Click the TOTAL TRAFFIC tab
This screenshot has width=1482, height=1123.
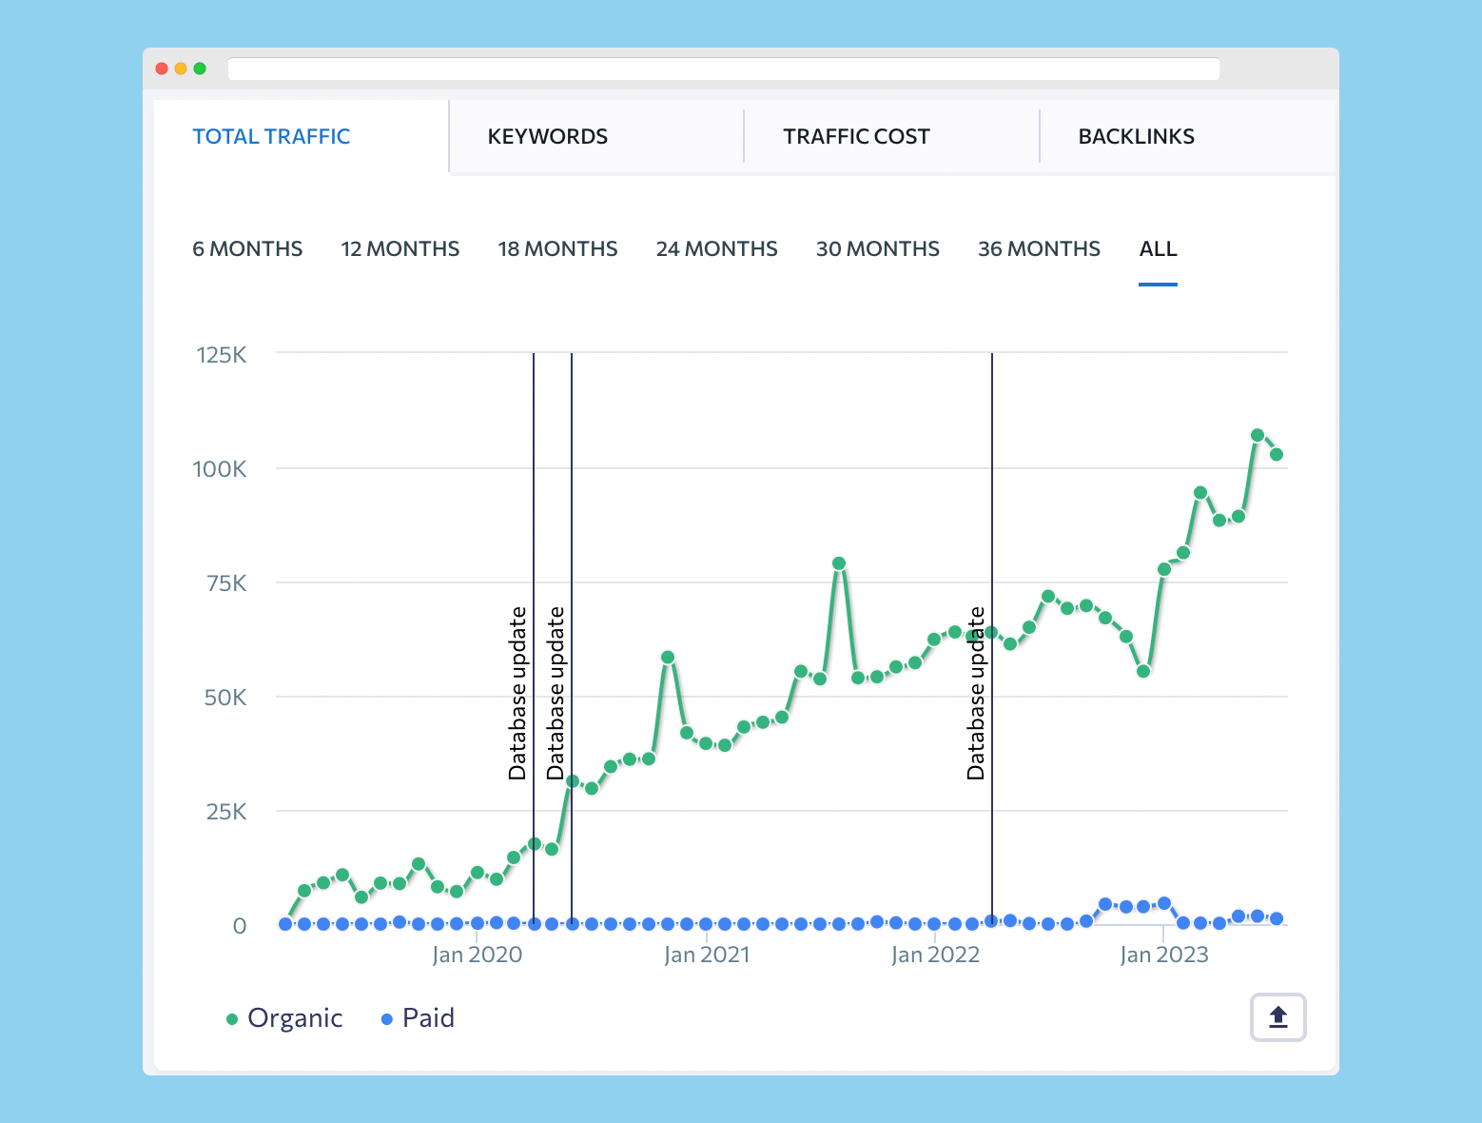click(271, 137)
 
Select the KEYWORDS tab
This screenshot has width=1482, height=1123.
click(547, 137)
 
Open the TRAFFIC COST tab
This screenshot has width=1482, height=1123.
click(856, 137)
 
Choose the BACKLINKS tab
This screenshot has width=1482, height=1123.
click(1136, 137)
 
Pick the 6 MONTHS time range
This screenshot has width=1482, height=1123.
click(247, 249)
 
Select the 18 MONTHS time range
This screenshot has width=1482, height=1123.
click(557, 249)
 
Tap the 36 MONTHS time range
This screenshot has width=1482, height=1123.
click(1039, 249)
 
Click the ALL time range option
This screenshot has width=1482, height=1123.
click(1158, 249)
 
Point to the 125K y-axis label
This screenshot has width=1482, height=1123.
click(221, 355)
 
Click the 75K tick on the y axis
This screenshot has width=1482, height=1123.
click(226, 583)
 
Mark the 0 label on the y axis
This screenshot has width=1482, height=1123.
click(240, 926)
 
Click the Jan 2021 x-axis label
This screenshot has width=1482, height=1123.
click(707, 955)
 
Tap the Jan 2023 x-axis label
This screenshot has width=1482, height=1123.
click(1164, 955)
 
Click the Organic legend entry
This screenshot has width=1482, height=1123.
click(284, 1018)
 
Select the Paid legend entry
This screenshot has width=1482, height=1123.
click(418, 1018)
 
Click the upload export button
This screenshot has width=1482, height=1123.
click(1277, 1017)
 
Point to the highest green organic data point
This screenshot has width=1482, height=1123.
click(1258, 435)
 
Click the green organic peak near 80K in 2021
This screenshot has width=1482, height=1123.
click(839, 563)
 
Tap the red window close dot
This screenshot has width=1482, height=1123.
click(162, 69)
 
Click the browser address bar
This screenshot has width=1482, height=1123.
click(723, 69)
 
